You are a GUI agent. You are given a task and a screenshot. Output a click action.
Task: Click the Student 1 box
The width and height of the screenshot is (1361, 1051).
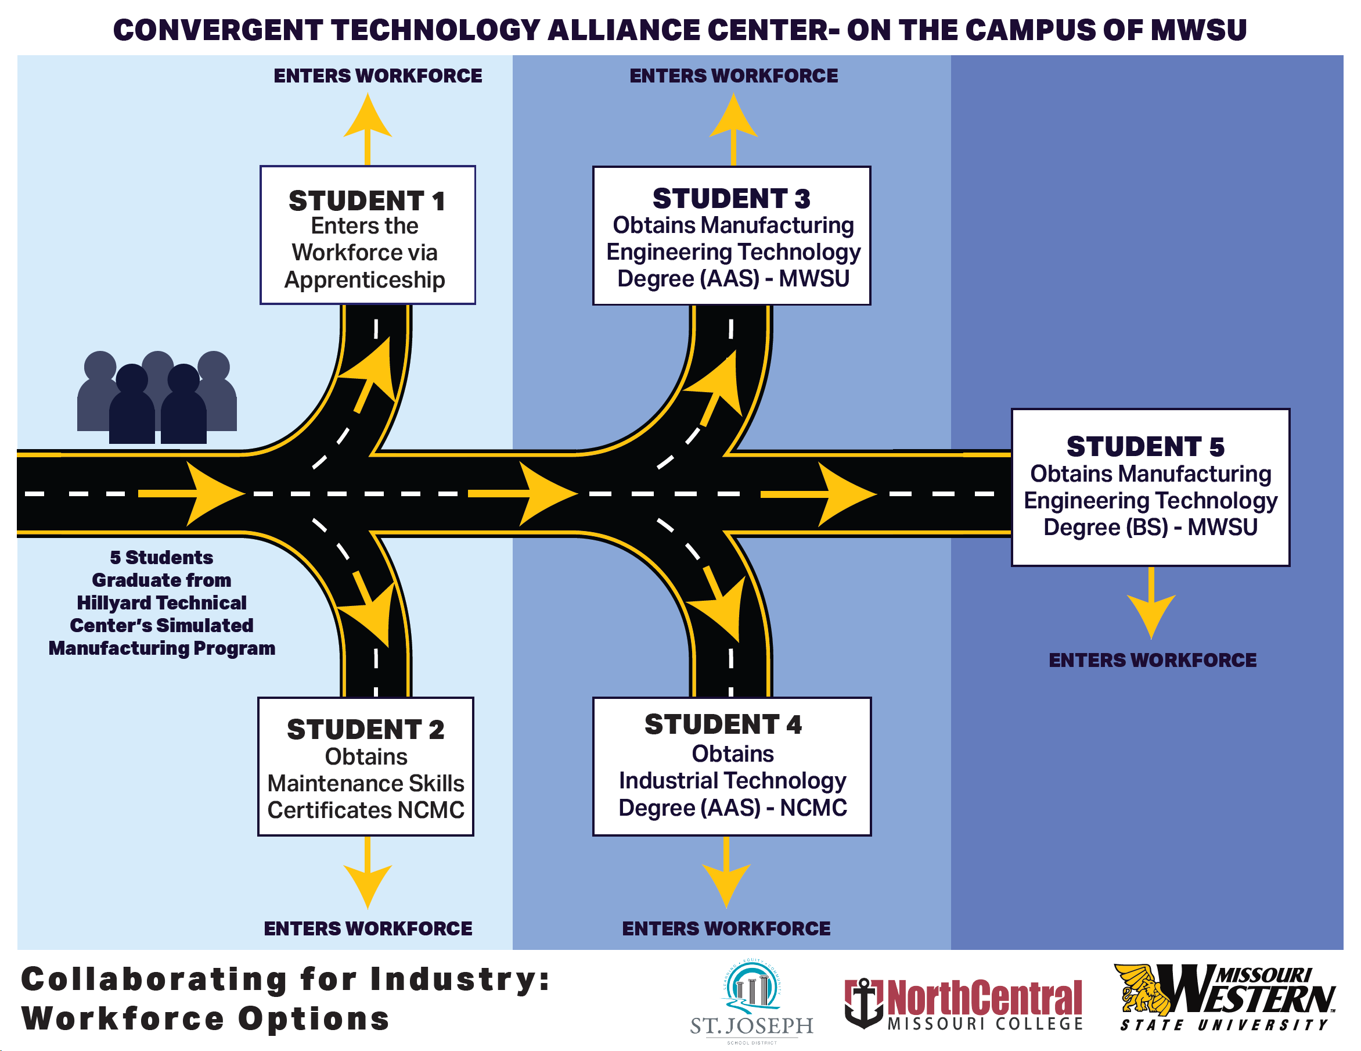click(x=368, y=235)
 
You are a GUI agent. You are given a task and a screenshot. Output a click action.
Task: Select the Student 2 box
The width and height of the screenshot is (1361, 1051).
click(x=366, y=766)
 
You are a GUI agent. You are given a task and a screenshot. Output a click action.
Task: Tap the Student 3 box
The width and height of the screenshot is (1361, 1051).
click(x=732, y=236)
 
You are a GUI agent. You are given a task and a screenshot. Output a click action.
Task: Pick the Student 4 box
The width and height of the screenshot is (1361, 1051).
click(x=732, y=766)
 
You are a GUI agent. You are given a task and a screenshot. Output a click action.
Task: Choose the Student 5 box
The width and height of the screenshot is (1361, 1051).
click(x=1150, y=487)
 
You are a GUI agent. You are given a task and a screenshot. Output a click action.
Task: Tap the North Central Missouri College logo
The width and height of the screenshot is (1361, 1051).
click(x=963, y=1003)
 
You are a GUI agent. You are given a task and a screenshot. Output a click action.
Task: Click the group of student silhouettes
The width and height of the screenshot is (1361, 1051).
click(x=156, y=398)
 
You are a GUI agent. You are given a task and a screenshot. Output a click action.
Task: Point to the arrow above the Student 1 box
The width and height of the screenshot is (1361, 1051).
click(x=368, y=128)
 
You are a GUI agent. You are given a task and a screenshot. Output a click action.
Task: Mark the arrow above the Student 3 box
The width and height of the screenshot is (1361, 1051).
click(x=733, y=128)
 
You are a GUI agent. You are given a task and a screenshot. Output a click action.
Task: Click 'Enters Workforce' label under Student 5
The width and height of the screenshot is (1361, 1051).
click(x=1152, y=660)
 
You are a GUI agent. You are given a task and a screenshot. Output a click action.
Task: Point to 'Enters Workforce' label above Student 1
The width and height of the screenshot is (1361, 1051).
click(x=377, y=76)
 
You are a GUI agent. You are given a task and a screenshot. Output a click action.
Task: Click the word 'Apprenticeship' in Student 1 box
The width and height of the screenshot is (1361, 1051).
click(x=365, y=280)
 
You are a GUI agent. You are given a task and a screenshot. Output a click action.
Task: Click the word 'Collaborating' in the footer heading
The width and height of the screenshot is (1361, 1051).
click(x=154, y=979)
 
